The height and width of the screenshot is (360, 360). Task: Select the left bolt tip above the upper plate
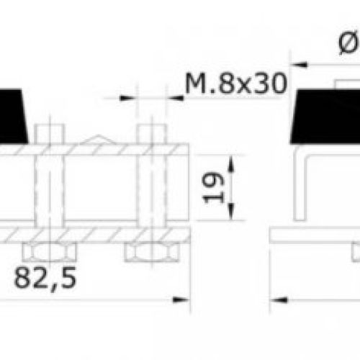coord(47,134)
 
